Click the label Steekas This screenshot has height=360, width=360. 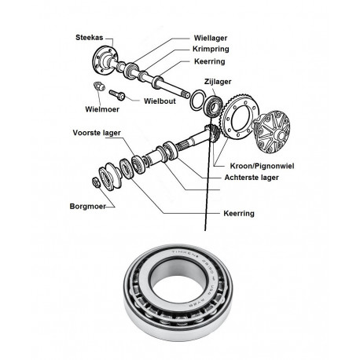[90, 38]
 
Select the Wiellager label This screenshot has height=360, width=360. [211, 38]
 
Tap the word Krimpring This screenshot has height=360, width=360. [211, 49]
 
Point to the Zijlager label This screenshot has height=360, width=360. [218, 82]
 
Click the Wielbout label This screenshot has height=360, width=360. [160, 101]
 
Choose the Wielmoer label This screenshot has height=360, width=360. [102, 109]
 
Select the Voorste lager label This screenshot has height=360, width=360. [97, 133]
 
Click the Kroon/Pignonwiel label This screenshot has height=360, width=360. [262, 166]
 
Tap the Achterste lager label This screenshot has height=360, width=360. [252, 178]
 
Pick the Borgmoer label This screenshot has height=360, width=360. [88, 206]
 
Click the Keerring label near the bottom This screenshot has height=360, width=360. [239, 213]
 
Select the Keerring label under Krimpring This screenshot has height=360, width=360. [210, 61]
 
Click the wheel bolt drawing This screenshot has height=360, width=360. [117, 95]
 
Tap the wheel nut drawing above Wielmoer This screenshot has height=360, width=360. [99, 86]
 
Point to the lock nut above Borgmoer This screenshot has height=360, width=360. [96, 182]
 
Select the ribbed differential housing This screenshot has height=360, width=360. [272, 131]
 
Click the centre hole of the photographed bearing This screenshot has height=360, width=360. [178, 288]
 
